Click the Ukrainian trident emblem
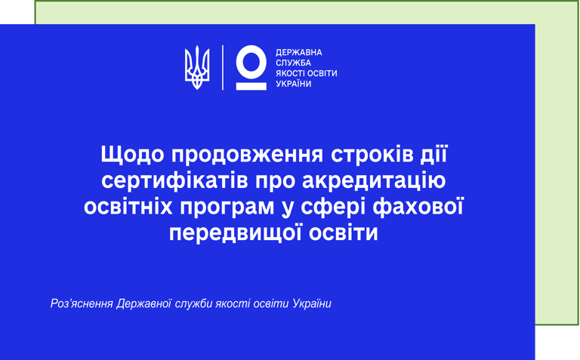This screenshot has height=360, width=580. click(x=197, y=68)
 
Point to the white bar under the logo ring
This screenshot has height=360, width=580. click(x=251, y=87)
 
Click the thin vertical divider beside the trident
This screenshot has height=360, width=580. click(x=223, y=68)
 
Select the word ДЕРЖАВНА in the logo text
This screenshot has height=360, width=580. click(x=299, y=53)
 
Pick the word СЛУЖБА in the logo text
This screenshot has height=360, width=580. click(x=293, y=63)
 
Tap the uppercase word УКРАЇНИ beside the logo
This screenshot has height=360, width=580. click(x=294, y=84)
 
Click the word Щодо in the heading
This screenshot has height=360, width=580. click(x=132, y=155)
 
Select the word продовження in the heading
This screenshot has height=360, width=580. click(x=247, y=155)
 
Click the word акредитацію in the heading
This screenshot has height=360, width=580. click(x=374, y=181)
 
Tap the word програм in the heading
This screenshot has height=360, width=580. click(x=227, y=208)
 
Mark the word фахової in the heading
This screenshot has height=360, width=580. click(x=418, y=206)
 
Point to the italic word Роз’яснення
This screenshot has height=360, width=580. click(x=82, y=304)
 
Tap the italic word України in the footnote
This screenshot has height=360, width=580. click(x=312, y=304)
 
